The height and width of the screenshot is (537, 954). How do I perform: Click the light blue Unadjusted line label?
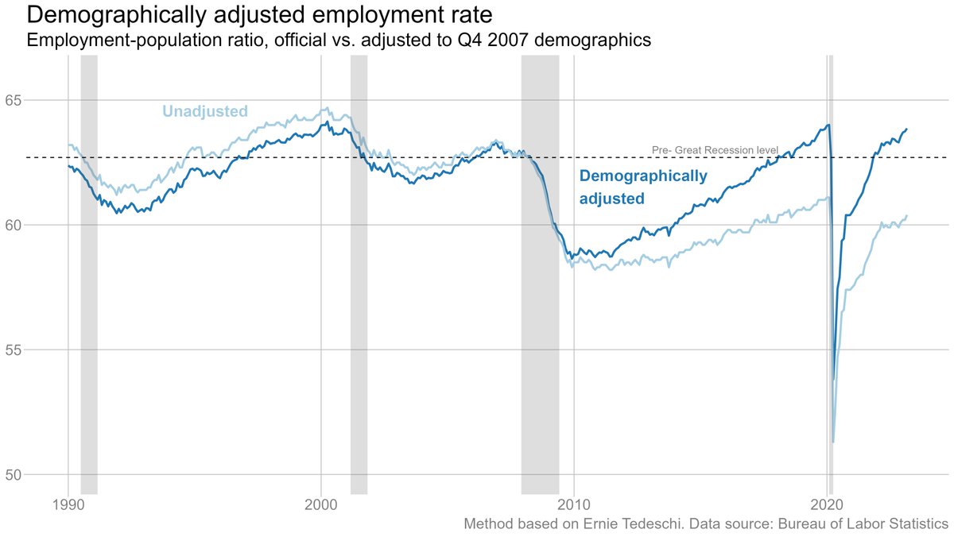coord(205,111)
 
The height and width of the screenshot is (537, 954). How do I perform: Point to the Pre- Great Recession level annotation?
coord(714,149)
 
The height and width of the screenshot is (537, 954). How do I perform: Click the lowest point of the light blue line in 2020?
coord(832,441)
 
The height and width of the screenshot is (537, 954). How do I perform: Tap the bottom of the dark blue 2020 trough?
coord(833,379)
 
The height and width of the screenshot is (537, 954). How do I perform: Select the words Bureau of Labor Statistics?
coord(858,524)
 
